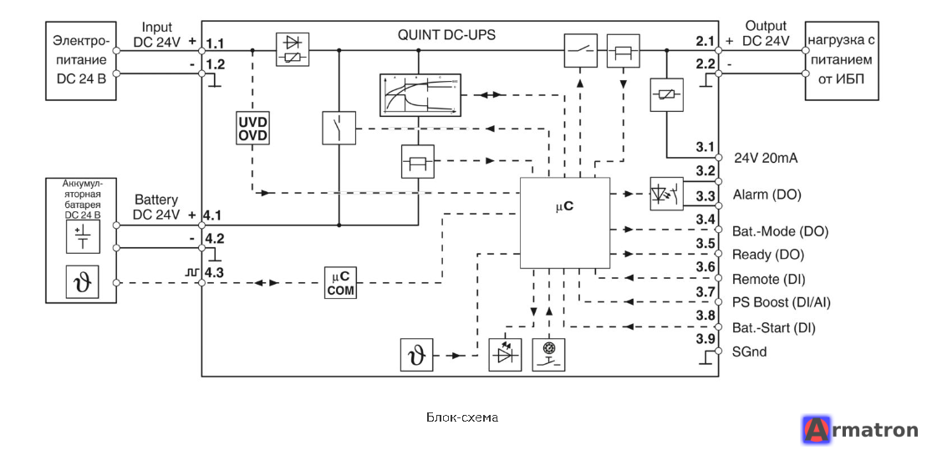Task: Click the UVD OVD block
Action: [252, 128]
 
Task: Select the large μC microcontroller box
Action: [564, 223]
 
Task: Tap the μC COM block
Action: [340, 283]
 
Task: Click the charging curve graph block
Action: [419, 95]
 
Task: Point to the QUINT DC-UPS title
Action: [447, 34]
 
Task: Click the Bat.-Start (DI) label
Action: [774, 327]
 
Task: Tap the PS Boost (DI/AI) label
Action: [782, 303]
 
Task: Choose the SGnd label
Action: [750, 351]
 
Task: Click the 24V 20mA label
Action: [767, 158]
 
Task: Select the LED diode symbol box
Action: [506, 355]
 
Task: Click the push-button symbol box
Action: [548, 355]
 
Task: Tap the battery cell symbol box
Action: [81, 237]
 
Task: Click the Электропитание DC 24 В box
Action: [81, 61]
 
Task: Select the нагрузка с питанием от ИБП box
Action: [842, 61]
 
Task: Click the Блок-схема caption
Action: [462, 417]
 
